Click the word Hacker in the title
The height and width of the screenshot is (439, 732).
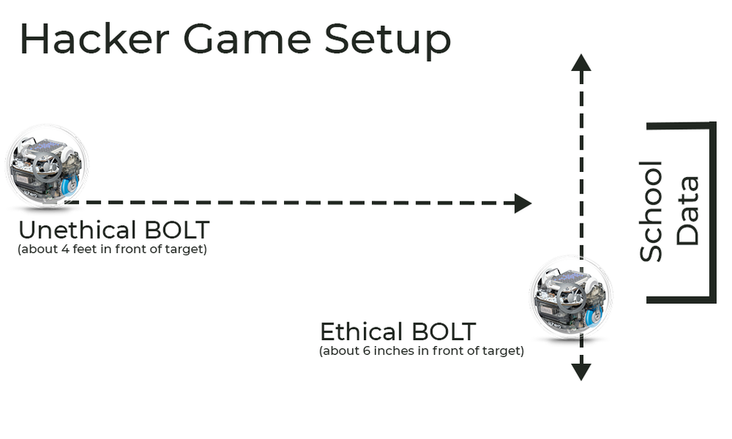click(x=94, y=39)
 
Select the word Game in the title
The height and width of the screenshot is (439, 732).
click(x=247, y=39)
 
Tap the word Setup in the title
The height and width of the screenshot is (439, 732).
click(x=387, y=41)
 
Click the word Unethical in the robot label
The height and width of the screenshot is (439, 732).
click(x=77, y=229)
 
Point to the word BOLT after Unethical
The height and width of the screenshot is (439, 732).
click(x=177, y=229)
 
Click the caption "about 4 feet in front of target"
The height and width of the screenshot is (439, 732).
click(x=112, y=249)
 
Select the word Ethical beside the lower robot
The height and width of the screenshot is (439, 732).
click(x=362, y=331)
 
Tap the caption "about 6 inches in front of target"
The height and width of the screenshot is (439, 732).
click(x=421, y=350)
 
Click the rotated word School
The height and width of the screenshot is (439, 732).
click(x=651, y=211)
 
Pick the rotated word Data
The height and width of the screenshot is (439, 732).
click(x=687, y=210)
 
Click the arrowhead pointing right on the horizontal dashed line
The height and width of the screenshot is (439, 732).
click(x=523, y=203)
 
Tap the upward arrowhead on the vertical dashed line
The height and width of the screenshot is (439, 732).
click(x=581, y=62)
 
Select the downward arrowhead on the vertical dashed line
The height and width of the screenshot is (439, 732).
click(x=581, y=372)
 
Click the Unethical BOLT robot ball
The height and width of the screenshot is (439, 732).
click(x=46, y=165)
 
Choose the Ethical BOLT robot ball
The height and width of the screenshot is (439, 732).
click(x=571, y=297)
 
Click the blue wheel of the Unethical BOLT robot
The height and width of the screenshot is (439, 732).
click(x=70, y=186)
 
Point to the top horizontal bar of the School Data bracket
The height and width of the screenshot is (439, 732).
click(x=681, y=125)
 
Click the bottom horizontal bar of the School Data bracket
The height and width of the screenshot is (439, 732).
click(x=681, y=300)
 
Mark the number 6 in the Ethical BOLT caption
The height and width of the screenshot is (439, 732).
click(x=367, y=350)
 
